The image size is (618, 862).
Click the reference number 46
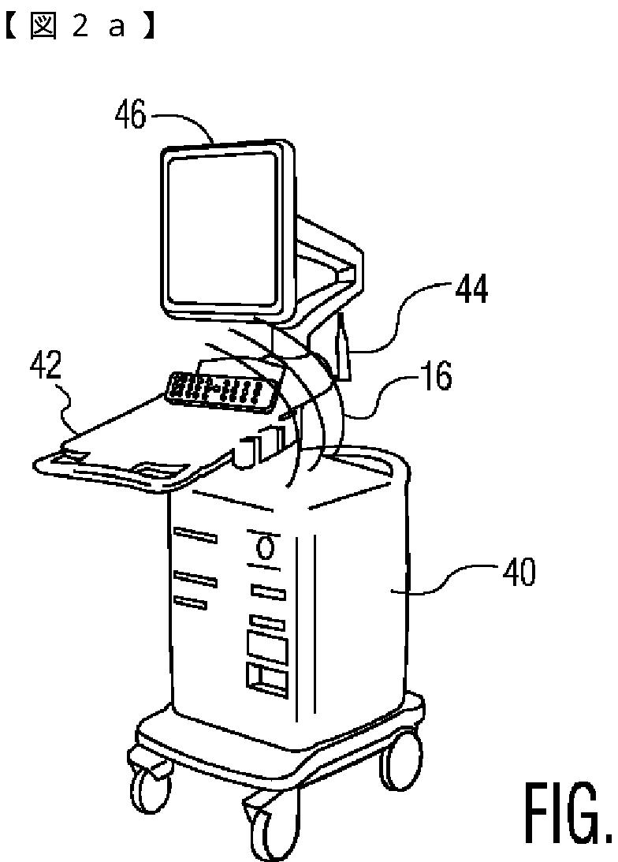point(130,116)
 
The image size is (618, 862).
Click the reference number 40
point(517,572)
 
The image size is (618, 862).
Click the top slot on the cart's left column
point(195,536)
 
